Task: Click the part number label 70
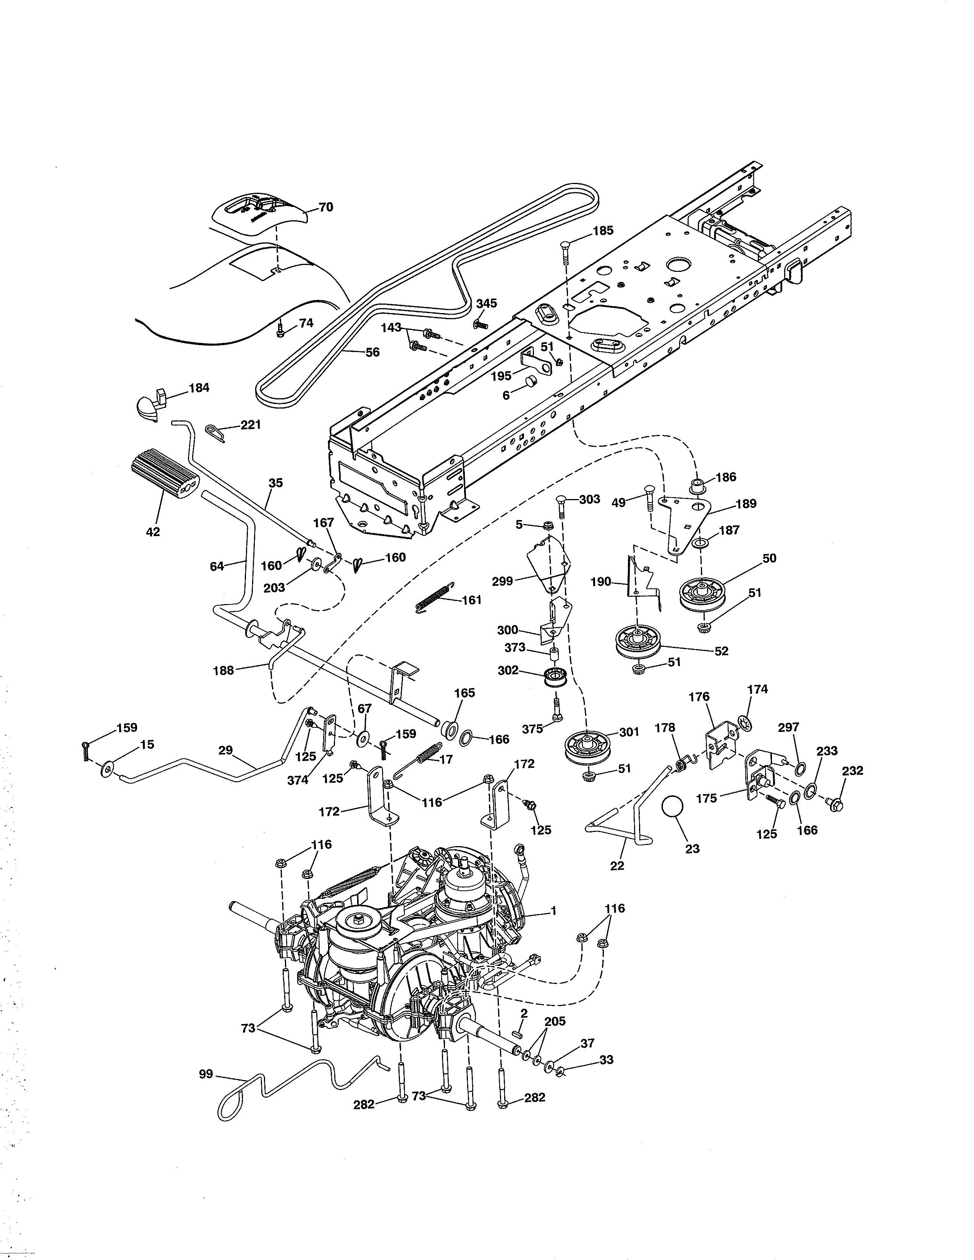point(326,207)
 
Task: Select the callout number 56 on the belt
point(373,352)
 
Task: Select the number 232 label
point(853,770)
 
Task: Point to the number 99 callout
point(206,1074)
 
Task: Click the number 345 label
point(486,304)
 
